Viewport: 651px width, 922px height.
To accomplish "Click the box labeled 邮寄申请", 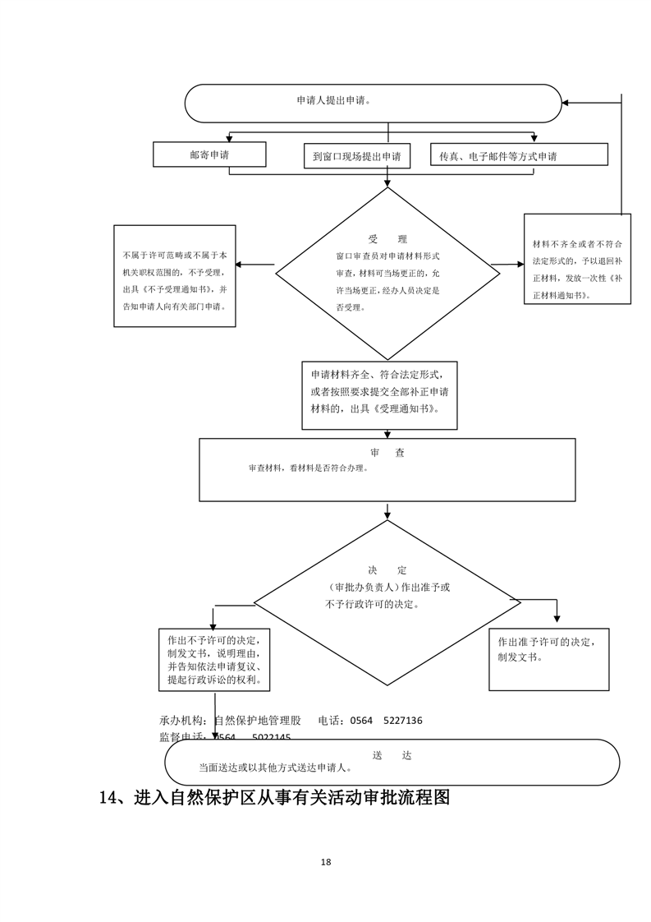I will (x=209, y=154).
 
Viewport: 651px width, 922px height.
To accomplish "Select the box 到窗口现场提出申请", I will (x=356, y=156).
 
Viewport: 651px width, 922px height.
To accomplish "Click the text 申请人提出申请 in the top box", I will (x=333, y=100).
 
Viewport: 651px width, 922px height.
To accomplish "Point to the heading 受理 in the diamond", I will (x=387, y=239).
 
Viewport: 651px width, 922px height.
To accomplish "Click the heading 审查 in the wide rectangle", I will (x=387, y=453).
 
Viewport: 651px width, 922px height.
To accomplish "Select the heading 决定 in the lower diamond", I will (x=387, y=569).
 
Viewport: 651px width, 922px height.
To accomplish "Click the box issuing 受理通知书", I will (x=379, y=395).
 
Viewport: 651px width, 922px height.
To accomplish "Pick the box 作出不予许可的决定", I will (x=214, y=660).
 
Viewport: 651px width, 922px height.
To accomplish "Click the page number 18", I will (x=326, y=862).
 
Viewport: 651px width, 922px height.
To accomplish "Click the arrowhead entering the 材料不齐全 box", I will (x=520, y=265).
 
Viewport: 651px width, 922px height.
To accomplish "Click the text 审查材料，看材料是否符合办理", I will (x=308, y=468).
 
